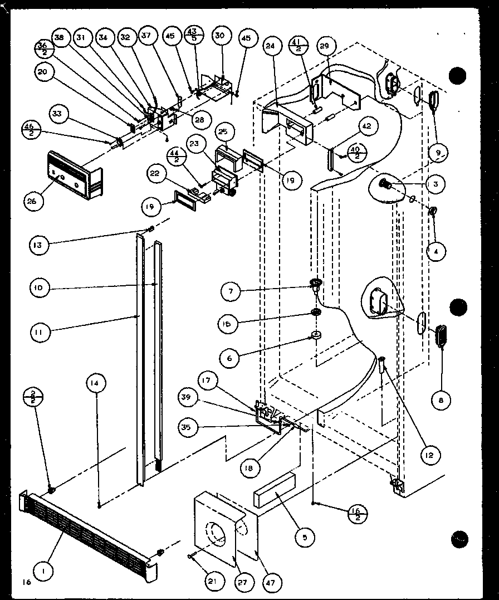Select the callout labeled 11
pos(41,333)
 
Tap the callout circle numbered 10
pos(41,288)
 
